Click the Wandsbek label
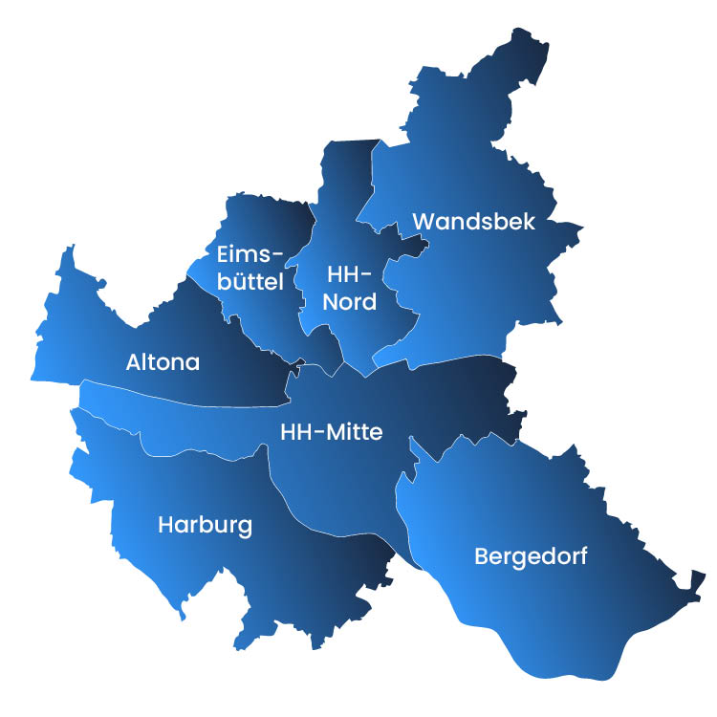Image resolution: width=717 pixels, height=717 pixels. (473, 222)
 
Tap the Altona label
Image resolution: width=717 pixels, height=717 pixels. (163, 362)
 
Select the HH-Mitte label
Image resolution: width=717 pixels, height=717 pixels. (331, 432)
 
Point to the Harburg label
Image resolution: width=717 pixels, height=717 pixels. (205, 526)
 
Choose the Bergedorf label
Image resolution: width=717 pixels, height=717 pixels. (531, 556)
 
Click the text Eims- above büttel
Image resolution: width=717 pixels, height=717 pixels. (250, 254)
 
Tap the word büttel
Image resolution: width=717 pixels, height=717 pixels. (250, 282)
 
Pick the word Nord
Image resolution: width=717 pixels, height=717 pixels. (349, 302)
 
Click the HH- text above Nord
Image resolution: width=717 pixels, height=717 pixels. (349, 274)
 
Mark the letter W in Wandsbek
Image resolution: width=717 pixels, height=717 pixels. (423, 222)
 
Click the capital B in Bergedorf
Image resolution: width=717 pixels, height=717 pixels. (481, 555)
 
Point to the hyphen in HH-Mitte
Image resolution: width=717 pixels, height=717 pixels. (318, 433)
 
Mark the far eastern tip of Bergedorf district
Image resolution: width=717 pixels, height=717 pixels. (705, 574)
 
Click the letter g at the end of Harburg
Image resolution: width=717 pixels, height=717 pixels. (245, 529)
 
